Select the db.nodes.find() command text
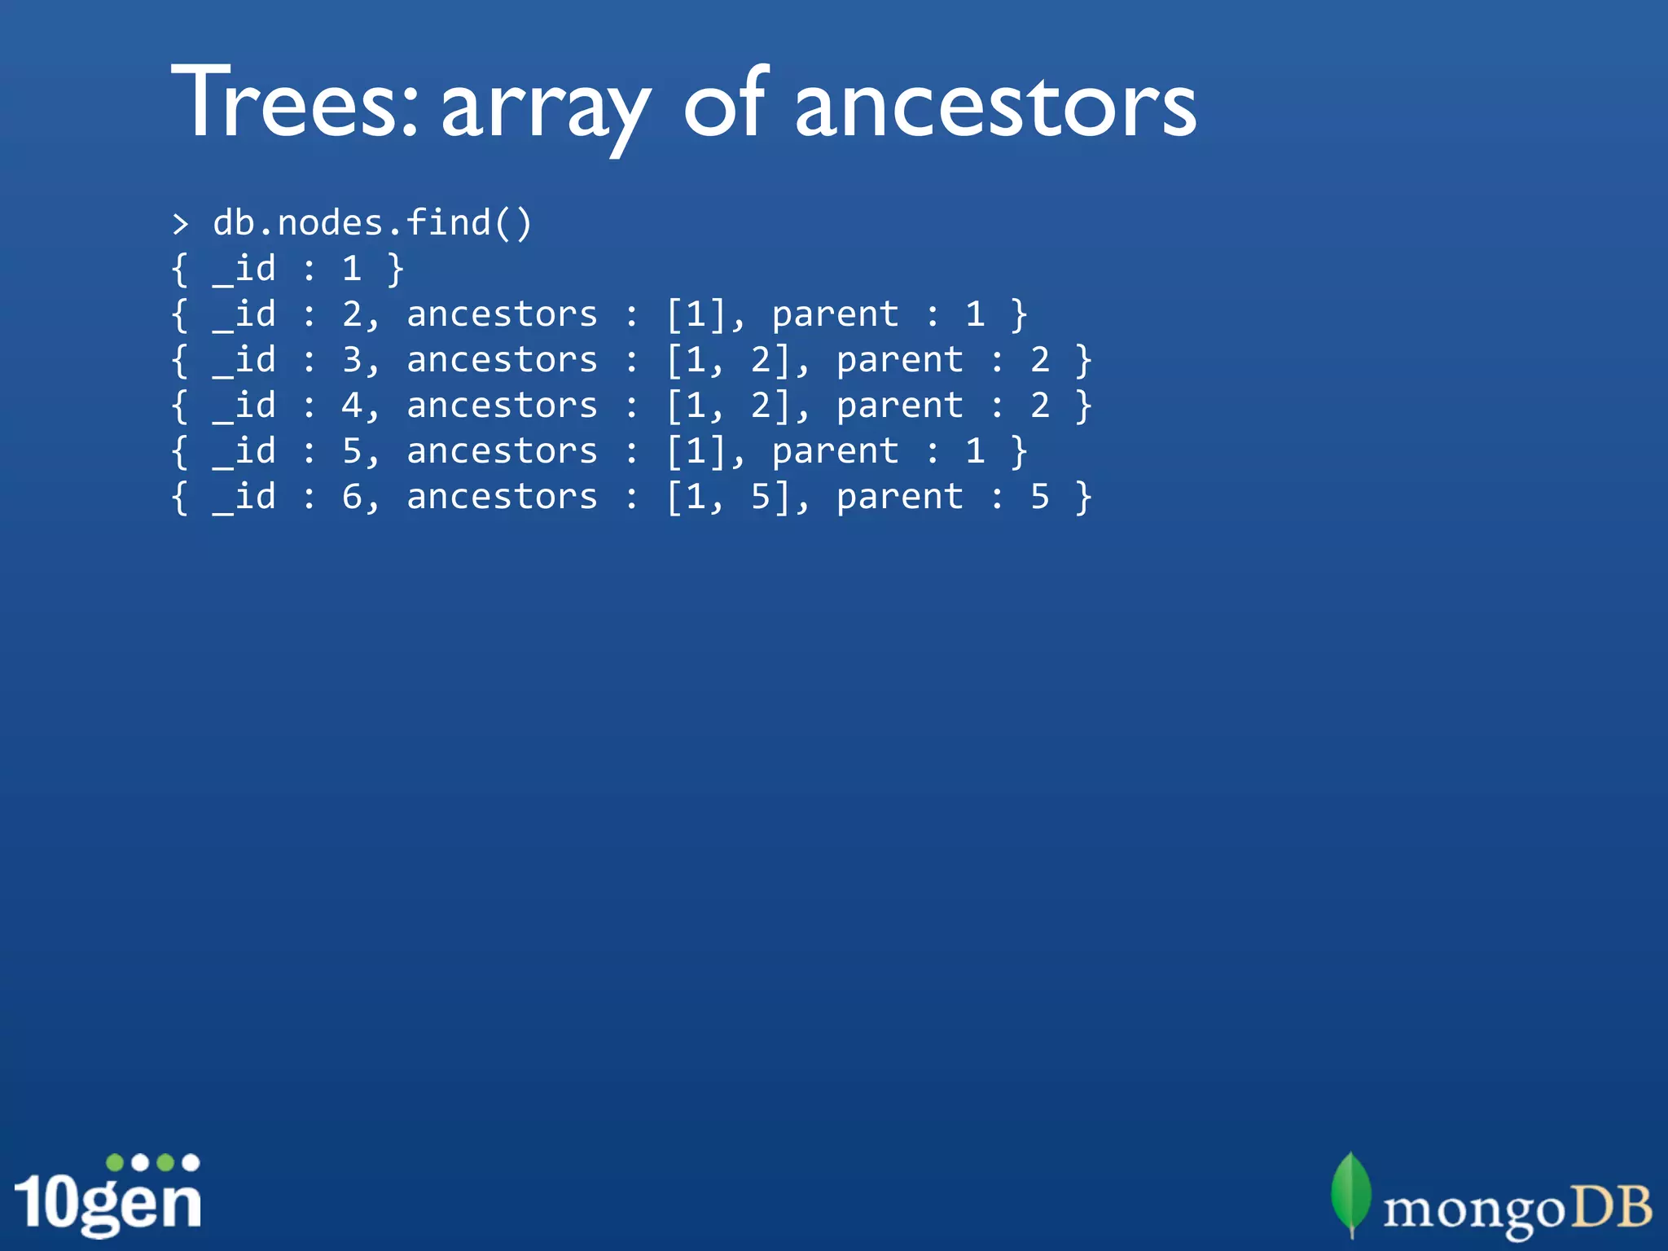click(x=372, y=222)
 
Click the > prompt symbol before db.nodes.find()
click(x=181, y=224)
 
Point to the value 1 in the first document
click(x=352, y=269)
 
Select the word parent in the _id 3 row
click(x=899, y=360)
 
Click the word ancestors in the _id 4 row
click(x=502, y=406)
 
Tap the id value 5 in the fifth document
click(x=352, y=451)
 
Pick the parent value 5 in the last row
click(x=1039, y=497)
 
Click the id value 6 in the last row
click(x=352, y=497)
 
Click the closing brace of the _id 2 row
click(x=1018, y=314)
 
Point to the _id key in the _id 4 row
click(x=244, y=406)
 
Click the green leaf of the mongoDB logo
click(x=1351, y=1193)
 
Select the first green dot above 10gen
click(x=116, y=1162)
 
